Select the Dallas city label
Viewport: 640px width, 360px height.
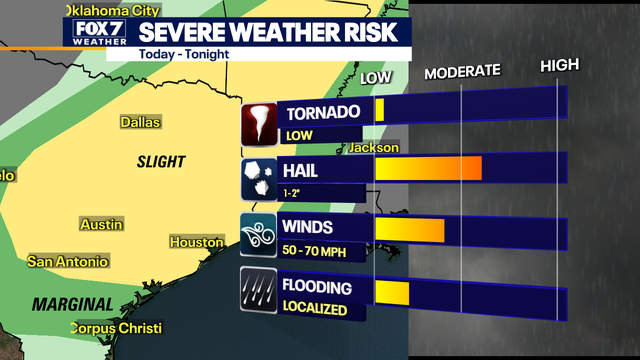(141, 122)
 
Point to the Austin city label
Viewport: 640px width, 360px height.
(101, 224)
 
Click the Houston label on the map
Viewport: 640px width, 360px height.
(196, 242)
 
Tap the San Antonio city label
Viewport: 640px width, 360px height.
(67, 262)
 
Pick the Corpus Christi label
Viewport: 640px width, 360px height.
(116, 328)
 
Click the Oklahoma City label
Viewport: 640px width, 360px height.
(111, 7)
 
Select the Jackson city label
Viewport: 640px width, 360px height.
(374, 148)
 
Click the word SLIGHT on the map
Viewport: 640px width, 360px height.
(162, 160)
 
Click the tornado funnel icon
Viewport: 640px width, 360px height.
(259, 123)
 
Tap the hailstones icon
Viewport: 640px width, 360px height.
(259, 178)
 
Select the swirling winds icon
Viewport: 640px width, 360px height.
(259, 235)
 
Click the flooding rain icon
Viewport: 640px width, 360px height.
(259, 292)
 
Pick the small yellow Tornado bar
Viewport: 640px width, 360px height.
(379, 110)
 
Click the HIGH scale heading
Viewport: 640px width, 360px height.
(560, 66)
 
